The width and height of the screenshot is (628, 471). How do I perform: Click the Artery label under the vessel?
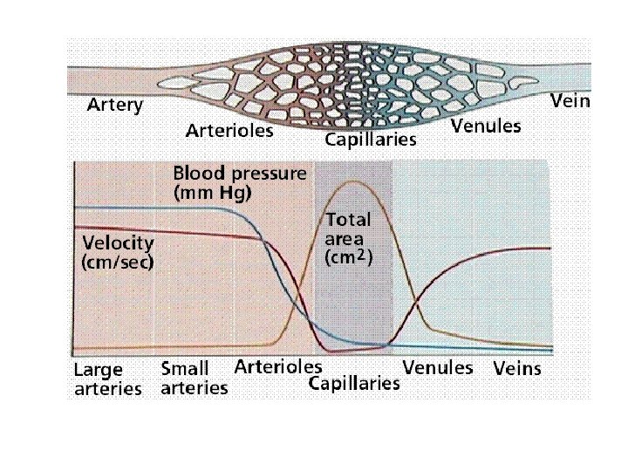(x=115, y=106)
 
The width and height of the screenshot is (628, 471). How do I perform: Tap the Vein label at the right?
(x=570, y=101)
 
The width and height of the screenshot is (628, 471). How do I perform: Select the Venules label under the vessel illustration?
(x=486, y=126)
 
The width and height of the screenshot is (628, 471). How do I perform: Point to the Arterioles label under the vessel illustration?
(x=229, y=132)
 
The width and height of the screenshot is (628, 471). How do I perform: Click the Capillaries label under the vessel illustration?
(x=371, y=140)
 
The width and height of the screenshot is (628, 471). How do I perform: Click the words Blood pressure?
(x=240, y=173)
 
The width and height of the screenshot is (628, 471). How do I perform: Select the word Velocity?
(x=118, y=242)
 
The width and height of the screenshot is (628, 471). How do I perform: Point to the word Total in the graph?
(x=348, y=219)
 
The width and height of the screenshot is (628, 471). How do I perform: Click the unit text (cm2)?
(x=349, y=257)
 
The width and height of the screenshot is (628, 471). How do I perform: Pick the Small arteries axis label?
(x=194, y=379)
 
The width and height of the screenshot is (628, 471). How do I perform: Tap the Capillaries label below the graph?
(x=355, y=383)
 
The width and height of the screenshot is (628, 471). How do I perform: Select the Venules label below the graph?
(x=438, y=367)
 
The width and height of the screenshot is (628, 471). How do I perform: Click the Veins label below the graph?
(x=517, y=369)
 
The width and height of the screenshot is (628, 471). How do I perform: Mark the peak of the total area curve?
(x=353, y=181)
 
